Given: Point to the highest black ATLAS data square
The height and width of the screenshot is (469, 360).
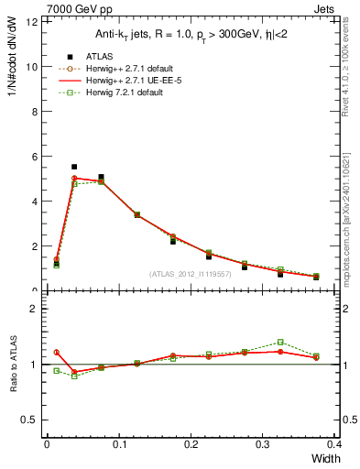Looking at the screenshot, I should tap(74, 167).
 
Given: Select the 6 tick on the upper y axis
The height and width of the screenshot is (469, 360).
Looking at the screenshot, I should tap(37, 157).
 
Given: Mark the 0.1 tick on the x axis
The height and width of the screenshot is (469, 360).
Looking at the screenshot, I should tap(119, 444).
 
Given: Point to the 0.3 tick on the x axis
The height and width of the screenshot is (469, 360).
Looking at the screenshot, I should tap(263, 444).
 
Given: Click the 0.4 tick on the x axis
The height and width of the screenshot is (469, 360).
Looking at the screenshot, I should tap(334, 444).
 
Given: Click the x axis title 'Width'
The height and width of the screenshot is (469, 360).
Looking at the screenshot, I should tap(321, 458).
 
